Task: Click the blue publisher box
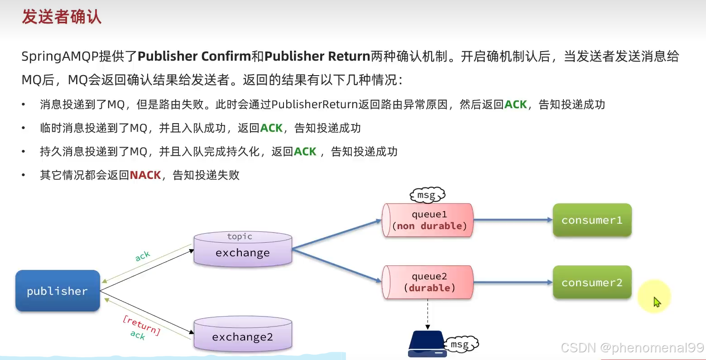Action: [58, 291]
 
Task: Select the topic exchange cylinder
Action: [243, 249]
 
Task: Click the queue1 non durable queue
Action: [428, 221]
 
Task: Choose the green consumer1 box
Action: [592, 221]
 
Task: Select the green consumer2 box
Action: [592, 283]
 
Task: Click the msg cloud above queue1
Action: [427, 195]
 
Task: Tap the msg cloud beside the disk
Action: [461, 345]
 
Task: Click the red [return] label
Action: [141, 325]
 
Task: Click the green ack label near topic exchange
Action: [142, 256]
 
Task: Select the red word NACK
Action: [145, 175]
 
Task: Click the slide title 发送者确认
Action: [62, 17]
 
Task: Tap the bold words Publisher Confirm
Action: [194, 56]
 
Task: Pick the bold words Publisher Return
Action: [317, 56]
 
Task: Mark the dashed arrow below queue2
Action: [427, 314]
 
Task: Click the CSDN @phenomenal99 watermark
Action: [632, 347]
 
